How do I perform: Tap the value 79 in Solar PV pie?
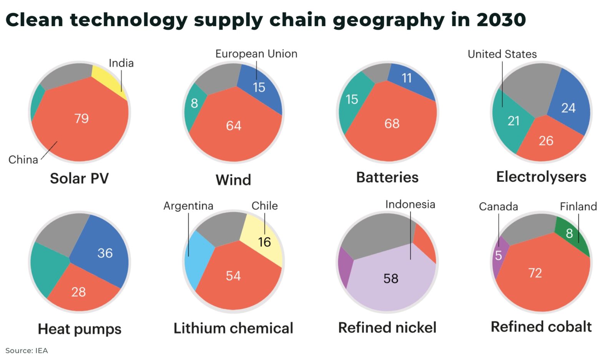pyautogui.click(x=81, y=118)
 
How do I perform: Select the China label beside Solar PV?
pyautogui.click(x=23, y=160)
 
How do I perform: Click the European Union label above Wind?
pyautogui.click(x=256, y=54)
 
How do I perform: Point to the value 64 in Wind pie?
pyautogui.click(x=233, y=126)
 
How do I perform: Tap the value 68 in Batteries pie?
pyautogui.click(x=392, y=124)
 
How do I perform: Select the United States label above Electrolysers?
pyautogui.click(x=502, y=54)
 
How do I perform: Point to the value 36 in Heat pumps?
pyautogui.click(x=105, y=253)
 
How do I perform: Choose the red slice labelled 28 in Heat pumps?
pyautogui.click(x=79, y=292)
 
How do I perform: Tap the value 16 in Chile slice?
pyautogui.click(x=264, y=242)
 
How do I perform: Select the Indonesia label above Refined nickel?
pyautogui.click(x=410, y=205)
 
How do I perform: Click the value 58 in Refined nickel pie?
pyautogui.click(x=391, y=278)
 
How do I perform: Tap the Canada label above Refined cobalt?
pyautogui.click(x=498, y=207)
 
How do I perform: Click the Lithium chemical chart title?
pyautogui.click(x=233, y=328)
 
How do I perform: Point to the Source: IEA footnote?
pyautogui.click(x=27, y=351)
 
